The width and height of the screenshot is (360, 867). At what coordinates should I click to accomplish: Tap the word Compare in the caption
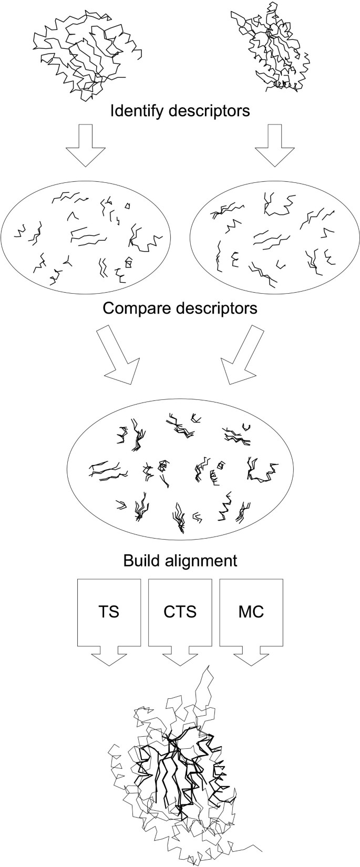tap(133, 307)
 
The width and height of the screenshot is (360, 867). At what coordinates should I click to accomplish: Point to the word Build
tap(141, 560)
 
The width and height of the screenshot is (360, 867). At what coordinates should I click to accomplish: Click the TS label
tap(109, 612)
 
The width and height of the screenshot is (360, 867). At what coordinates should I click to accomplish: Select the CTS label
tap(180, 612)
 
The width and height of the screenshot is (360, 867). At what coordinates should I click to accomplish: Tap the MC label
tap(251, 612)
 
